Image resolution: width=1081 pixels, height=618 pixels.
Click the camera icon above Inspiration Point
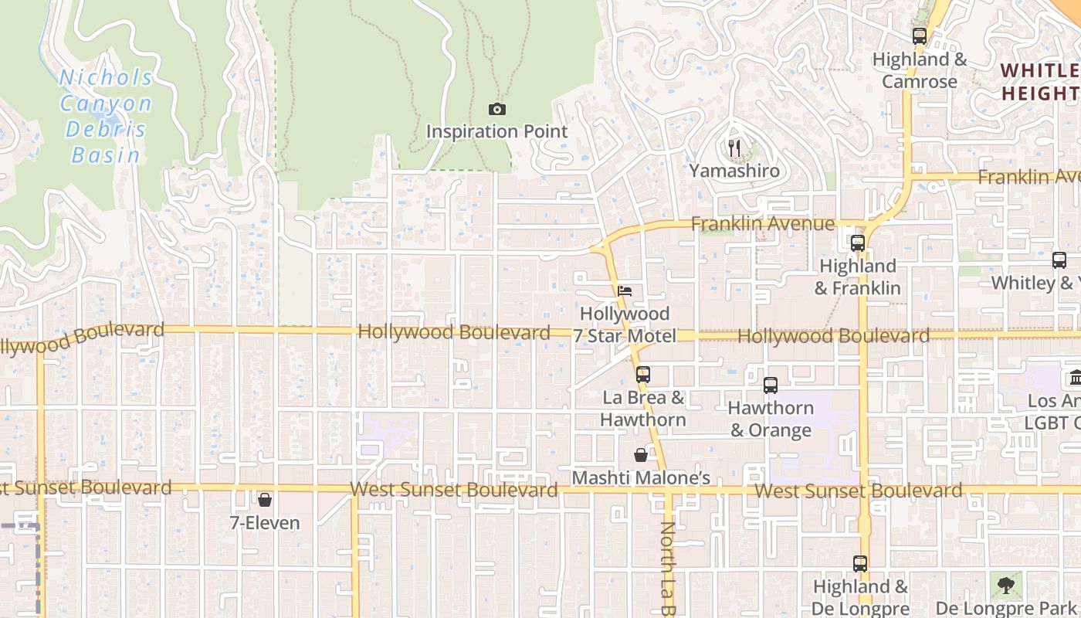pyautogui.click(x=497, y=110)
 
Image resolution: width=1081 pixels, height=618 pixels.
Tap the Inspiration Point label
pyautogui.click(x=497, y=131)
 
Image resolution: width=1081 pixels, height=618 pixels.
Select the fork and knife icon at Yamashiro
pyautogui.click(x=734, y=148)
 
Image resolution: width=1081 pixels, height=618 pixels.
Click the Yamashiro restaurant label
pyautogui.click(x=734, y=171)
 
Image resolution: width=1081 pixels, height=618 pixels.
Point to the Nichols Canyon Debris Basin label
pyautogui.click(x=107, y=116)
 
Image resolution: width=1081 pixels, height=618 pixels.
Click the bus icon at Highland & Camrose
pyautogui.click(x=919, y=36)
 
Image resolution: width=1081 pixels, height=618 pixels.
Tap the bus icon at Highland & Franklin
pyautogui.click(x=857, y=243)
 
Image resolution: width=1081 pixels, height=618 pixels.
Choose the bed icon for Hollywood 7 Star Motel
pyautogui.click(x=625, y=291)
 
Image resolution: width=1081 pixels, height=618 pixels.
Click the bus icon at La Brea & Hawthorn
pyautogui.click(x=642, y=375)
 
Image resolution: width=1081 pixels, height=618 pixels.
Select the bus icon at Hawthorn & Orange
pyautogui.click(x=770, y=385)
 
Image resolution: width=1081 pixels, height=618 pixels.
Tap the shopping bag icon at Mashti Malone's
pyautogui.click(x=641, y=455)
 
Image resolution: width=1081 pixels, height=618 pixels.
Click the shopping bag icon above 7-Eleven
pyautogui.click(x=265, y=500)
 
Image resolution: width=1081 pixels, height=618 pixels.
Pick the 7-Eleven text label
pyautogui.click(x=265, y=523)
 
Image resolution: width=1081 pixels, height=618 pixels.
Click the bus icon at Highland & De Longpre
pyautogui.click(x=860, y=564)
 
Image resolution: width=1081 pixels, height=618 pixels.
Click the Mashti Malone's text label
pyautogui.click(x=641, y=478)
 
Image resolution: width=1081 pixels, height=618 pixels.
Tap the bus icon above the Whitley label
pyautogui.click(x=1059, y=260)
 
